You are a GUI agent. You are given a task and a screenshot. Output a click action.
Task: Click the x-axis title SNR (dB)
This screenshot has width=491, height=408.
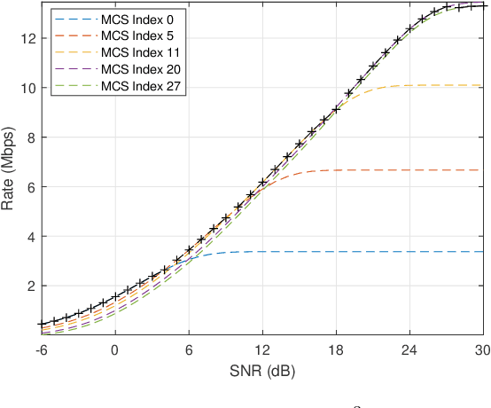[x=261, y=370]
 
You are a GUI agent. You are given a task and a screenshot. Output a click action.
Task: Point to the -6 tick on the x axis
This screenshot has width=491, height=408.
[x=41, y=349]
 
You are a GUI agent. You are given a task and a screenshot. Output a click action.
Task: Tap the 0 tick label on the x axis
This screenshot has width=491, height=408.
[x=114, y=349]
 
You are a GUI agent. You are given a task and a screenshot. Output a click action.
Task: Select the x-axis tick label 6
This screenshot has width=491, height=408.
[x=189, y=349]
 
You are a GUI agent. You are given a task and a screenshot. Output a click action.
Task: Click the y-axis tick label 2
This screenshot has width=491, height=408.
[x=29, y=286]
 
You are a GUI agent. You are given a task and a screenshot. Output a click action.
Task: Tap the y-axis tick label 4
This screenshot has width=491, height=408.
[x=29, y=237]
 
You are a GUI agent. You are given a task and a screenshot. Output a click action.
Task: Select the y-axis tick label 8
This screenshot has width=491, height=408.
[x=29, y=137]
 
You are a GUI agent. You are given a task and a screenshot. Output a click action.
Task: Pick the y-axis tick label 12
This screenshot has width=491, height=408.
[x=27, y=39]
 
